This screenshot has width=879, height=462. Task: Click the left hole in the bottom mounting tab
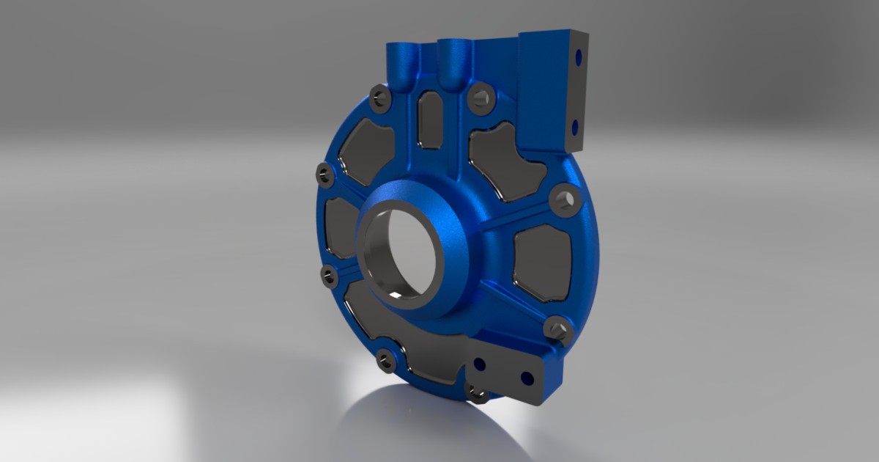point(481,364)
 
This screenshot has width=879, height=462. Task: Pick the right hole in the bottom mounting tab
point(527,378)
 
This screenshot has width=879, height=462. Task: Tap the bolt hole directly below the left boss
point(379,98)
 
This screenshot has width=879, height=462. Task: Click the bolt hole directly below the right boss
point(480,98)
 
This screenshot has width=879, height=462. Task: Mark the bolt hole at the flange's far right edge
point(564,199)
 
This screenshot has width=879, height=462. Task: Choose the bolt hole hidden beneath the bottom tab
point(478,395)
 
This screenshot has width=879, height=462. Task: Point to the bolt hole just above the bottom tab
point(557,328)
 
